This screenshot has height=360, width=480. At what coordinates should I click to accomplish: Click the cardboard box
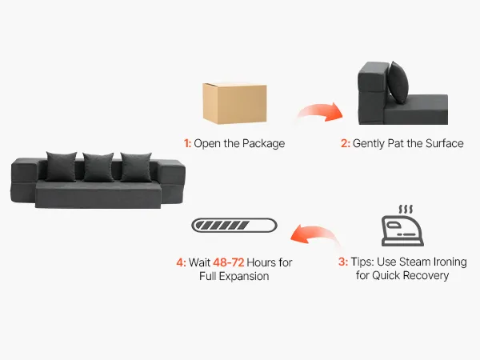pos(234,103)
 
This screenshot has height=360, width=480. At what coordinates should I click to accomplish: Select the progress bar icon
pos(234,226)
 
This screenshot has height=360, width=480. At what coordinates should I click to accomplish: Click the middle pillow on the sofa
pos(98,167)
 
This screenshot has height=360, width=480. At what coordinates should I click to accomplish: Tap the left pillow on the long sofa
pos(62,166)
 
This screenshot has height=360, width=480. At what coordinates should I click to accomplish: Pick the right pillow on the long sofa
pos(136,167)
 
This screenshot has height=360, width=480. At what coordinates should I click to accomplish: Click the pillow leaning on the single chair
pos(398,82)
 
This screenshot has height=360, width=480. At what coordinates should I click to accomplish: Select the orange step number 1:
pos(187,143)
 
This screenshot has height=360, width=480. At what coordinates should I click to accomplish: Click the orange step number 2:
pos(346,143)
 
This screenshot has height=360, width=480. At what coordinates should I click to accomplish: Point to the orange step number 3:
pos(343,262)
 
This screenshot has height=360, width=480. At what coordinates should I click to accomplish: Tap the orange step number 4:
pos(182,262)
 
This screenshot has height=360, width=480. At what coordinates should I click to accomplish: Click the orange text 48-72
pos(228,262)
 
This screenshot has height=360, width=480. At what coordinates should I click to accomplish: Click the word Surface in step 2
pos(445,143)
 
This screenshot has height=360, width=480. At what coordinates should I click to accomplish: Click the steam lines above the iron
pos(406,210)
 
